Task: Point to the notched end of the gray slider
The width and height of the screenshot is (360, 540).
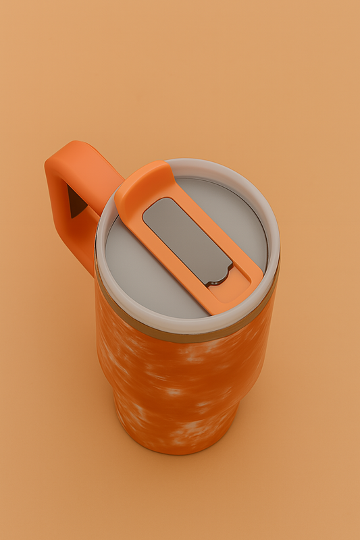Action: click(219, 274)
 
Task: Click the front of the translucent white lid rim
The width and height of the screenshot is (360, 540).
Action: click(182, 325)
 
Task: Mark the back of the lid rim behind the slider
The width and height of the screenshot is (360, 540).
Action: click(216, 167)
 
